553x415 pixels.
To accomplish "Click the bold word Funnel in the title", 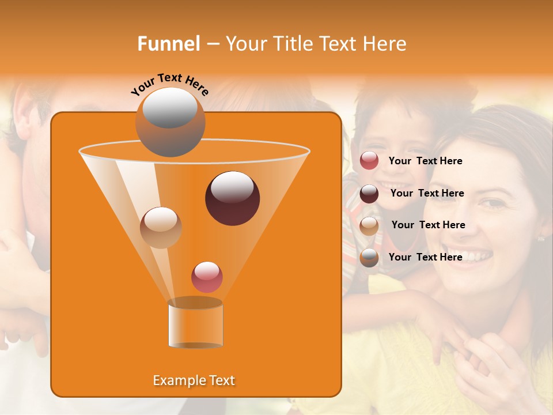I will [x=168, y=44].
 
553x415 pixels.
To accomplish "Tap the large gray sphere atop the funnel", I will [x=170, y=122].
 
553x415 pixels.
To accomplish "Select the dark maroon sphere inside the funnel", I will [x=232, y=198].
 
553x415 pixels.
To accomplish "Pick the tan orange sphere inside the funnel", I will [x=161, y=227].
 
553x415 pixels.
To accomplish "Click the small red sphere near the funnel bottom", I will [x=207, y=277].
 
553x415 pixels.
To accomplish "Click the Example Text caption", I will [x=194, y=380].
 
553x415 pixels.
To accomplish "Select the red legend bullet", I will [x=369, y=161].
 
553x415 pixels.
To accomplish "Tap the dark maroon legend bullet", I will [x=369, y=194].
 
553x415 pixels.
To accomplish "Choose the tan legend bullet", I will [x=369, y=226].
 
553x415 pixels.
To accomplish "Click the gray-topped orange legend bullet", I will [x=369, y=258].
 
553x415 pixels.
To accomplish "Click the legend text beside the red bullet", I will [x=425, y=161].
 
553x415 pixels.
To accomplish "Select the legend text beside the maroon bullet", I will [x=427, y=194].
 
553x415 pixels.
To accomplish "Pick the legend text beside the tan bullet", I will [x=428, y=225].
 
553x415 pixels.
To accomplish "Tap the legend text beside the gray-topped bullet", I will [x=425, y=258].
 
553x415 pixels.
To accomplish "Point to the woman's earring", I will [x=540, y=238].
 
